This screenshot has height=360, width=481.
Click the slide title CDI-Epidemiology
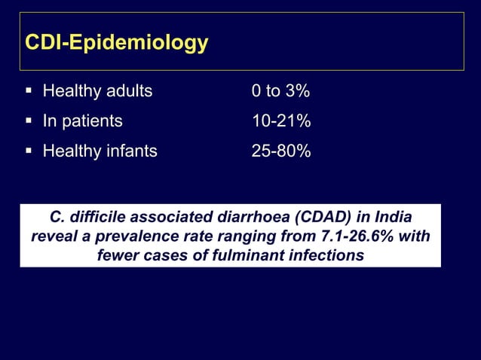(x=116, y=43)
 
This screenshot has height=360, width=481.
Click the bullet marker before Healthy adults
(x=28, y=92)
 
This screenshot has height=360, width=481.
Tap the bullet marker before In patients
(x=28, y=122)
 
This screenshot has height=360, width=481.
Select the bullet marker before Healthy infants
(x=28, y=151)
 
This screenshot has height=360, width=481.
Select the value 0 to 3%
(x=280, y=92)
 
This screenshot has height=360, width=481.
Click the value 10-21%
(x=281, y=122)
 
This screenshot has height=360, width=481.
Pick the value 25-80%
(x=281, y=151)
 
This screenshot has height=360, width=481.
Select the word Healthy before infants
(x=72, y=151)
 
